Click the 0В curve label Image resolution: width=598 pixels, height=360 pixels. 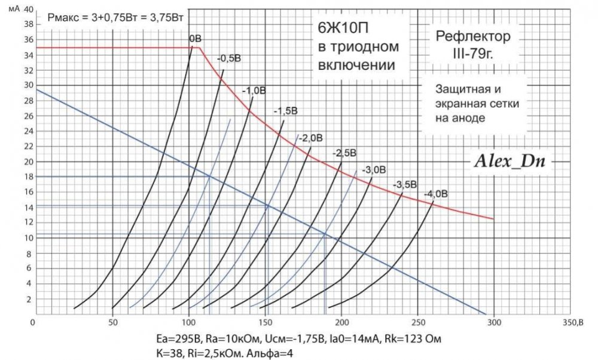(195, 39)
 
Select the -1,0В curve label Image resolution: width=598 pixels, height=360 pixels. (254, 90)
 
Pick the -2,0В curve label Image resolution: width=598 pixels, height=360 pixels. (311, 138)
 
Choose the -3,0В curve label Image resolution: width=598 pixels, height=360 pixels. (374, 169)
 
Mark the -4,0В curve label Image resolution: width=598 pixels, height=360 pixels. (435, 194)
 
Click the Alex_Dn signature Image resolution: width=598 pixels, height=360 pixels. (512, 160)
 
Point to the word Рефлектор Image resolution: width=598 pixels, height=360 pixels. (473, 37)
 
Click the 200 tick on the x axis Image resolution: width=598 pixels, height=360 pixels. (341, 322)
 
